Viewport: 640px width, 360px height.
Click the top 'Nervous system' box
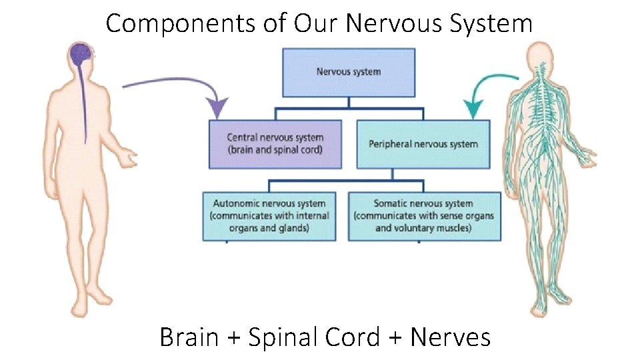point(348,72)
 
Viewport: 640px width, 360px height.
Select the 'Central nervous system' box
point(275,144)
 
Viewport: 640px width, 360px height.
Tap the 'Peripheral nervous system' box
point(423,144)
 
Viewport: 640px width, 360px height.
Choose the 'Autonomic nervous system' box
point(269,216)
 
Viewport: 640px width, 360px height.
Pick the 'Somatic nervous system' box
point(423,216)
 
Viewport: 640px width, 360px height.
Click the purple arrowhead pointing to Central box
point(217,108)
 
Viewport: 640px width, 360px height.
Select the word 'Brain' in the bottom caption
point(189,337)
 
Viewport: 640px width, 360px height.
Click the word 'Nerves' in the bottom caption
point(451,337)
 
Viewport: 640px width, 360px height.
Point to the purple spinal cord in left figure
point(84,100)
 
